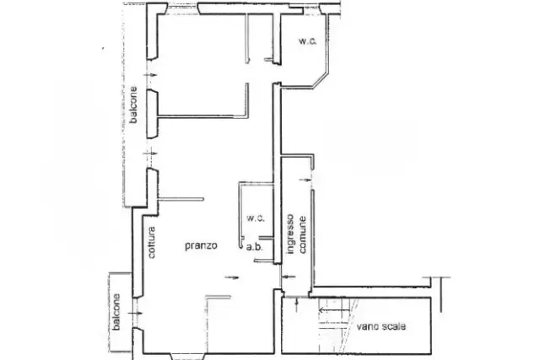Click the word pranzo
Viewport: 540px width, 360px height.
pyautogui.click(x=201, y=245)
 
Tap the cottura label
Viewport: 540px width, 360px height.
pyautogui.click(x=151, y=242)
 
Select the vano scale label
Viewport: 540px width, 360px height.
pyautogui.click(x=381, y=326)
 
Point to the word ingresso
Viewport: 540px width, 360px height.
pyautogui.click(x=290, y=234)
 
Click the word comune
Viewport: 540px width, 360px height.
pyautogui.click(x=302, y=234)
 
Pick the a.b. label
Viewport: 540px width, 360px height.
pyautogui.click(x=255, y=247)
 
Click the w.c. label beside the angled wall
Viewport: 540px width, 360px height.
pyautogui.click(x=307, y=41)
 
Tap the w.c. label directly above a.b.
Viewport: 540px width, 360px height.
pyautogui.click(x=256, y=218)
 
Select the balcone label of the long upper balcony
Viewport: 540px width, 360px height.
pyautogui.click(x=133, y=105)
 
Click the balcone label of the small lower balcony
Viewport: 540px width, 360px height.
pyautogui.click(x=116, y=312)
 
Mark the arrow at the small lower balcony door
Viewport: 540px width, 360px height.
pyautogui.click(x=135, y=313)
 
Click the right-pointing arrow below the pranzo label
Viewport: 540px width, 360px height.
pyautogui.click(x=232, y=277)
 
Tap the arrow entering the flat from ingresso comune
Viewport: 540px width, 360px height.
pyautogui.click(x=289, y=277)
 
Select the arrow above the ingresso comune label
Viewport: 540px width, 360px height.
pyautogui.click(x=305, y=180)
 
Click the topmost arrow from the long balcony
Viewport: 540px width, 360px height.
pyautogui.click(x=150, y=75)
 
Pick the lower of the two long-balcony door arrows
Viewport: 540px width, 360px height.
pyautogui.click(x=150, y=153)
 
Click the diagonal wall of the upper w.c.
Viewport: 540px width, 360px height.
pyautogui.click(x=321, y=80)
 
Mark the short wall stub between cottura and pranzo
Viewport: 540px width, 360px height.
pyautogui.click(x=181, y=199)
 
